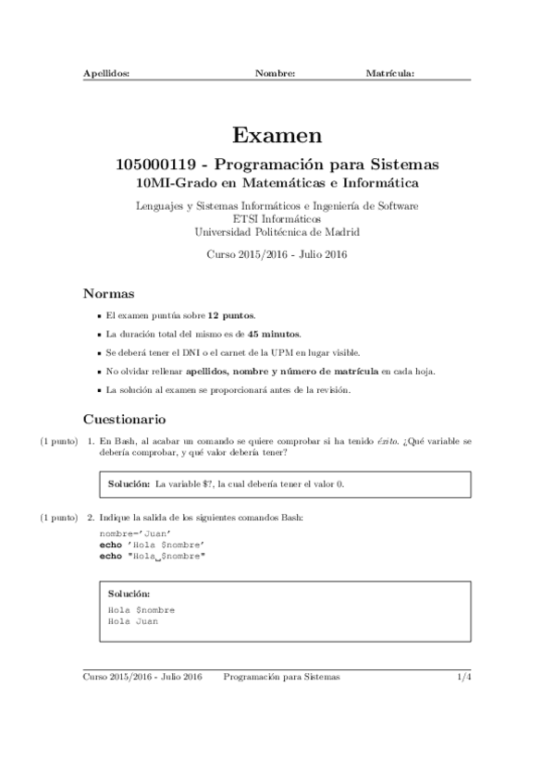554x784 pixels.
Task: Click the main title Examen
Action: point(277,136)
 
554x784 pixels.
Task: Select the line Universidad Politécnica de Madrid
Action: point(277,232)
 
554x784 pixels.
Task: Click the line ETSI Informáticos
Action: point(277,219)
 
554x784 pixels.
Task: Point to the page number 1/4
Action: point(463,677)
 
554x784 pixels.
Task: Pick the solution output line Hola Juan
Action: point(133,621)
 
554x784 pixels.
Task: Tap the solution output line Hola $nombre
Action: point(142,610)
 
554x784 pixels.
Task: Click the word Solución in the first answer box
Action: point(129,484)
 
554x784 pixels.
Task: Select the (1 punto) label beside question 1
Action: point(58,442)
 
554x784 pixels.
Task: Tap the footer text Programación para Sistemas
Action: point(281,677)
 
